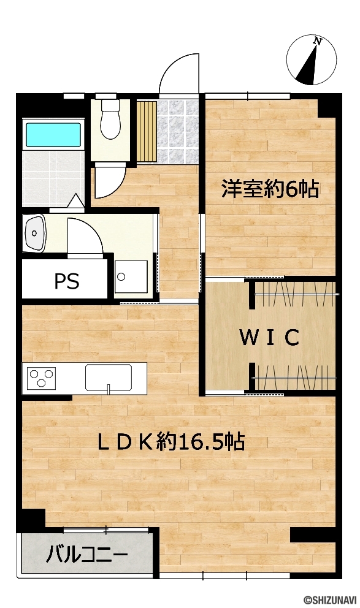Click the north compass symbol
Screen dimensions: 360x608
311,60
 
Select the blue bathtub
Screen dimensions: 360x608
53,135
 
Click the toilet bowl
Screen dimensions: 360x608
110,120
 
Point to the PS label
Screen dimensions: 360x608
67,281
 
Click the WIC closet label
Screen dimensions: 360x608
270,337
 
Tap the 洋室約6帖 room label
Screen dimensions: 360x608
270,189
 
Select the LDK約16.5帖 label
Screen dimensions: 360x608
171,441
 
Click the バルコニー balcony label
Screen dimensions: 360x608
87,555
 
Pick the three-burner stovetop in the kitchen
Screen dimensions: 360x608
41,378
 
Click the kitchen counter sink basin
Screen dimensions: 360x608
108,378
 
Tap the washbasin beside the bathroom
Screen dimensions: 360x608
34,233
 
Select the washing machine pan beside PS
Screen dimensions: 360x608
131,277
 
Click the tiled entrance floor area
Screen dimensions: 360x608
178,132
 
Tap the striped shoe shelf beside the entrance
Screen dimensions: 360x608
147,131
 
